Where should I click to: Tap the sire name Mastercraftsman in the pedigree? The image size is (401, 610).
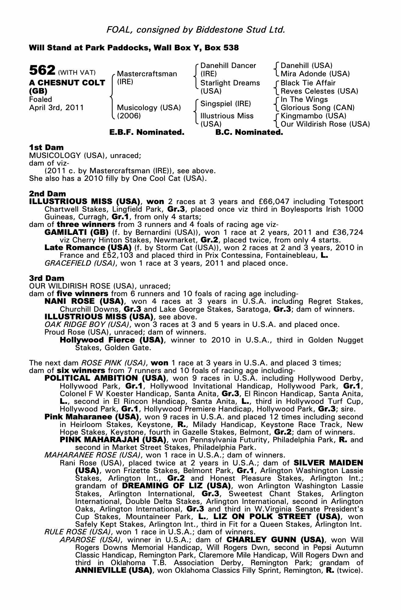pyautogui.click(x=147, y=74)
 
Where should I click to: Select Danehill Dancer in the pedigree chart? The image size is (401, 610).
pyautogui.click(x=228, y=66)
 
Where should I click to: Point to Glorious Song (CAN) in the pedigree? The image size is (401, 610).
pyautogui.click(x=317, y=108)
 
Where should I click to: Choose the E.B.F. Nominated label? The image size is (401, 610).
pyautogui.click(x=147, y=132)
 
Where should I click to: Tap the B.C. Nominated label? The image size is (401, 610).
pyautogui.click(x=249, y=132)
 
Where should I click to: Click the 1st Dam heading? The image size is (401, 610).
pyautogui.click(x=46, y=148)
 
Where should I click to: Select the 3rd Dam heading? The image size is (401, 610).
pyautogui.click(x=47, y=278)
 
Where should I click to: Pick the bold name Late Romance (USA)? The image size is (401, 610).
pyautogui.click(x=88, y=247)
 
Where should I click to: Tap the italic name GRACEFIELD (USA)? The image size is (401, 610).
pyautogui.click(x=80, y=263)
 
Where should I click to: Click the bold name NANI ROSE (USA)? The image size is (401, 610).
pyautogui.click(x=84, y=301)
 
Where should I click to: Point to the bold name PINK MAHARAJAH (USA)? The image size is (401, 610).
pyautogui.click(x=113, y=440)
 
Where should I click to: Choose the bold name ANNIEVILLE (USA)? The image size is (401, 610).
pyautogui.click(x=114, y=570)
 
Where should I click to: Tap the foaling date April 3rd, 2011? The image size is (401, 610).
pyautogui.click(x=56, y=108)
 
